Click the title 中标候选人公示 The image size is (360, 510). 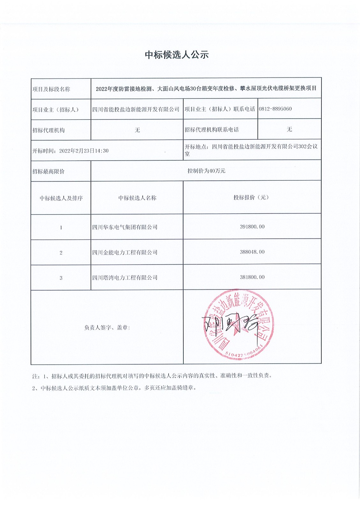click(x=177, y=55)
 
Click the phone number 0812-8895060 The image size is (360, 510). click(x=275, y=109)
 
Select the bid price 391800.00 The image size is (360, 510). click(x=252, y=227)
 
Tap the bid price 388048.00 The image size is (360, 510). click(x=252, y=252)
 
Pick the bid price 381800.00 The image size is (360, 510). click(x=252, y=277)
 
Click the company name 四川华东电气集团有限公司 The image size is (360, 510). click(x=125, y=227)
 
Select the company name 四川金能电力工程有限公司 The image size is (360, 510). click(x=125, y=252)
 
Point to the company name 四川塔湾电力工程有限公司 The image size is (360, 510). click(x=125, y=278)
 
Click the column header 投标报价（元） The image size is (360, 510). click(x=252, y=198)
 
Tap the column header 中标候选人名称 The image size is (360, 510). click(x=137, y=198)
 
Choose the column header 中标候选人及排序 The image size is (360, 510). click(x=61, y=198)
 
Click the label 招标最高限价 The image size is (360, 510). click(x=48, y=171)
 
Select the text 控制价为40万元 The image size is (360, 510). click(x=206, y=171)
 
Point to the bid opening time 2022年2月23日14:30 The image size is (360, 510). click(x=84, y=151)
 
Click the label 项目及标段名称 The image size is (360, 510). click(x=51, y=89)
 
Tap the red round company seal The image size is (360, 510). click(x=239, y=324)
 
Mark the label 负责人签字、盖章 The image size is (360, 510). click(x=107, y=328)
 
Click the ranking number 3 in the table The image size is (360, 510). click(x=61, y=278)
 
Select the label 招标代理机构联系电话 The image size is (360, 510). click(x=212, y=130)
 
